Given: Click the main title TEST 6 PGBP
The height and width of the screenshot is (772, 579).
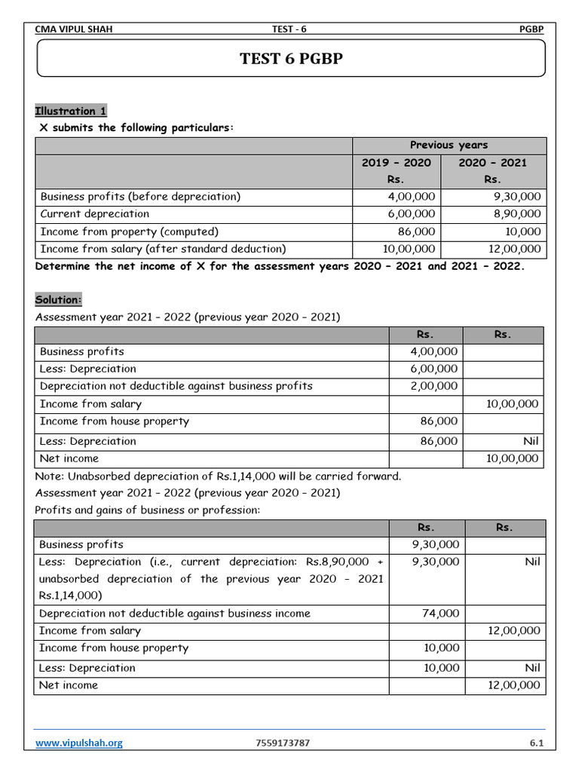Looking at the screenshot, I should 290,58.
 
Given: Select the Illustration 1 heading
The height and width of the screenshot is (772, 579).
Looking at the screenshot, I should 71,111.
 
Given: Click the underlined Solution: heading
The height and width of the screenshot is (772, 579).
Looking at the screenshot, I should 59,299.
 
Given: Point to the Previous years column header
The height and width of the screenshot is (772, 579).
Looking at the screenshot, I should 449,145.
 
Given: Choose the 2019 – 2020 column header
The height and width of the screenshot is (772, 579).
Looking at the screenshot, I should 396,163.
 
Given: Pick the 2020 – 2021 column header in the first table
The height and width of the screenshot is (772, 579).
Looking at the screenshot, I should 492,163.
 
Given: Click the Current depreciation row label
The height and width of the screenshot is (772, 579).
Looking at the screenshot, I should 94,213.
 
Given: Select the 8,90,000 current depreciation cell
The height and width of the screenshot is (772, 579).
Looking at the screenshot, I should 515,214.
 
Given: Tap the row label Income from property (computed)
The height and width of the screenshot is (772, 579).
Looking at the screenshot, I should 129,231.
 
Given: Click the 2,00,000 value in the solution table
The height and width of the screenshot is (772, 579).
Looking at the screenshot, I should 434,386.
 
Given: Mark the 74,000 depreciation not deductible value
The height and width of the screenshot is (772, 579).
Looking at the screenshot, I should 440,614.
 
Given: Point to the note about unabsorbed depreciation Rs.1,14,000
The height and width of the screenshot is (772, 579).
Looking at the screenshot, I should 218,476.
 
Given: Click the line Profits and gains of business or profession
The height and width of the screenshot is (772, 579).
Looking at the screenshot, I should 147,510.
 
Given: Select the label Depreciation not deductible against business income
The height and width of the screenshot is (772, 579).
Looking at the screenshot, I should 174,614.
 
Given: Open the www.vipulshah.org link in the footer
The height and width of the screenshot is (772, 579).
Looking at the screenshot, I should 79,743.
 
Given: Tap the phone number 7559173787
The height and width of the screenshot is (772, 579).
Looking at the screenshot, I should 283,743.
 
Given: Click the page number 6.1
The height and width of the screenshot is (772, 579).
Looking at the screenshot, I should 536,743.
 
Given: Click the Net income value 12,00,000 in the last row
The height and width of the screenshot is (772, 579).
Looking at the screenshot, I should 513,685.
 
